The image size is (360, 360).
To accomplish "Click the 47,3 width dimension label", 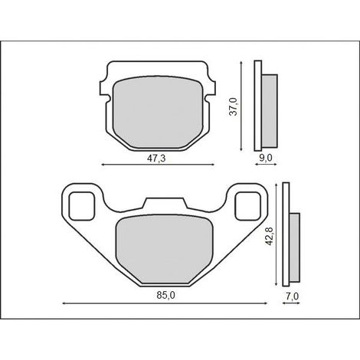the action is click(x=156, y=159).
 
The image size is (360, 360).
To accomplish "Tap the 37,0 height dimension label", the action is click(x=233, y=106).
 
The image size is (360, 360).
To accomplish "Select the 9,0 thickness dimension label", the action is click(x=266, y=158).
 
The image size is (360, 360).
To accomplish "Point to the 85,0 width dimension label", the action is click(x=166, y=296).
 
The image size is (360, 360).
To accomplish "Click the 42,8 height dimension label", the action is click(x=270, y=237).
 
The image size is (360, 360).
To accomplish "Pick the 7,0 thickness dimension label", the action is click(x=293, y=296).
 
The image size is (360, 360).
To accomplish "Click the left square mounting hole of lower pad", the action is click(x=81, y=206).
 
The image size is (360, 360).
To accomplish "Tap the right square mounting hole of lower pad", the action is click(x=247, y=206).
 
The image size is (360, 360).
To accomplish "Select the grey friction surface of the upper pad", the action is click(x=158, y=112).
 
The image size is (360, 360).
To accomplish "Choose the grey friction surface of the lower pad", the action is click(x=165, y=249).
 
